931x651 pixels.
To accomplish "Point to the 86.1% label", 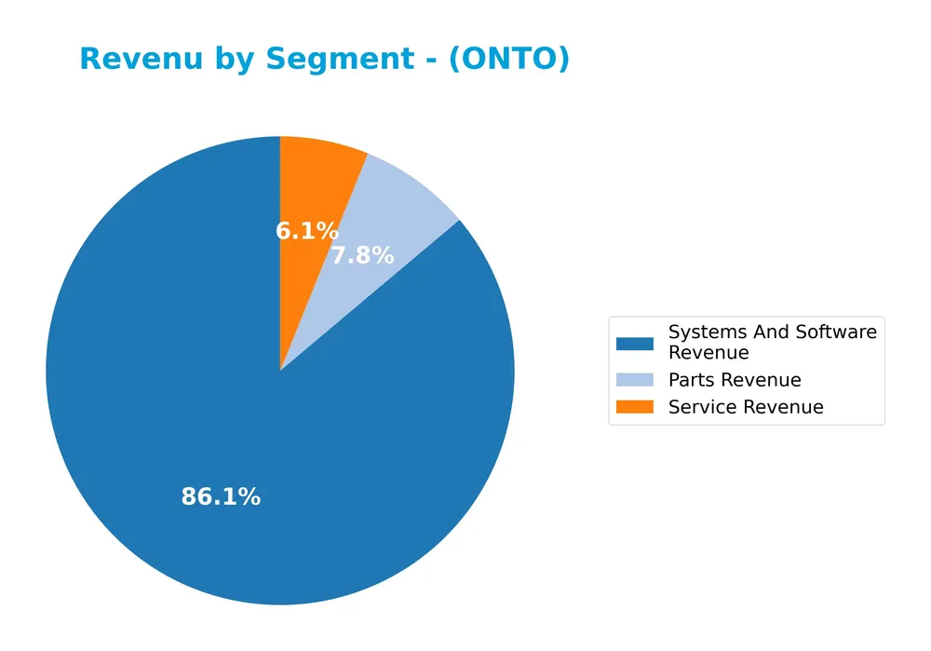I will point(221,497).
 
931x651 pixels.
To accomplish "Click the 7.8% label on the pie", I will point(363,256).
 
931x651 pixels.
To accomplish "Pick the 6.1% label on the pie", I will point(307,231).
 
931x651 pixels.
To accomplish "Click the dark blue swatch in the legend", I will point(635,343).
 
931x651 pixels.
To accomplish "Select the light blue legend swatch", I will point(635,380).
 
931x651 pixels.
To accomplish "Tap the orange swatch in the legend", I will point(635,407).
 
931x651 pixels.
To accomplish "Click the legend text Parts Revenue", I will point(735,380).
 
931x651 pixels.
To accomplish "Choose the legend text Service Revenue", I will point(746,407).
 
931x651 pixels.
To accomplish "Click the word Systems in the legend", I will point(703,332).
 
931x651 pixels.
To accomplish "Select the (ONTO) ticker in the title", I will point(508,60).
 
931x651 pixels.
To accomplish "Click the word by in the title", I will point(236,60).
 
